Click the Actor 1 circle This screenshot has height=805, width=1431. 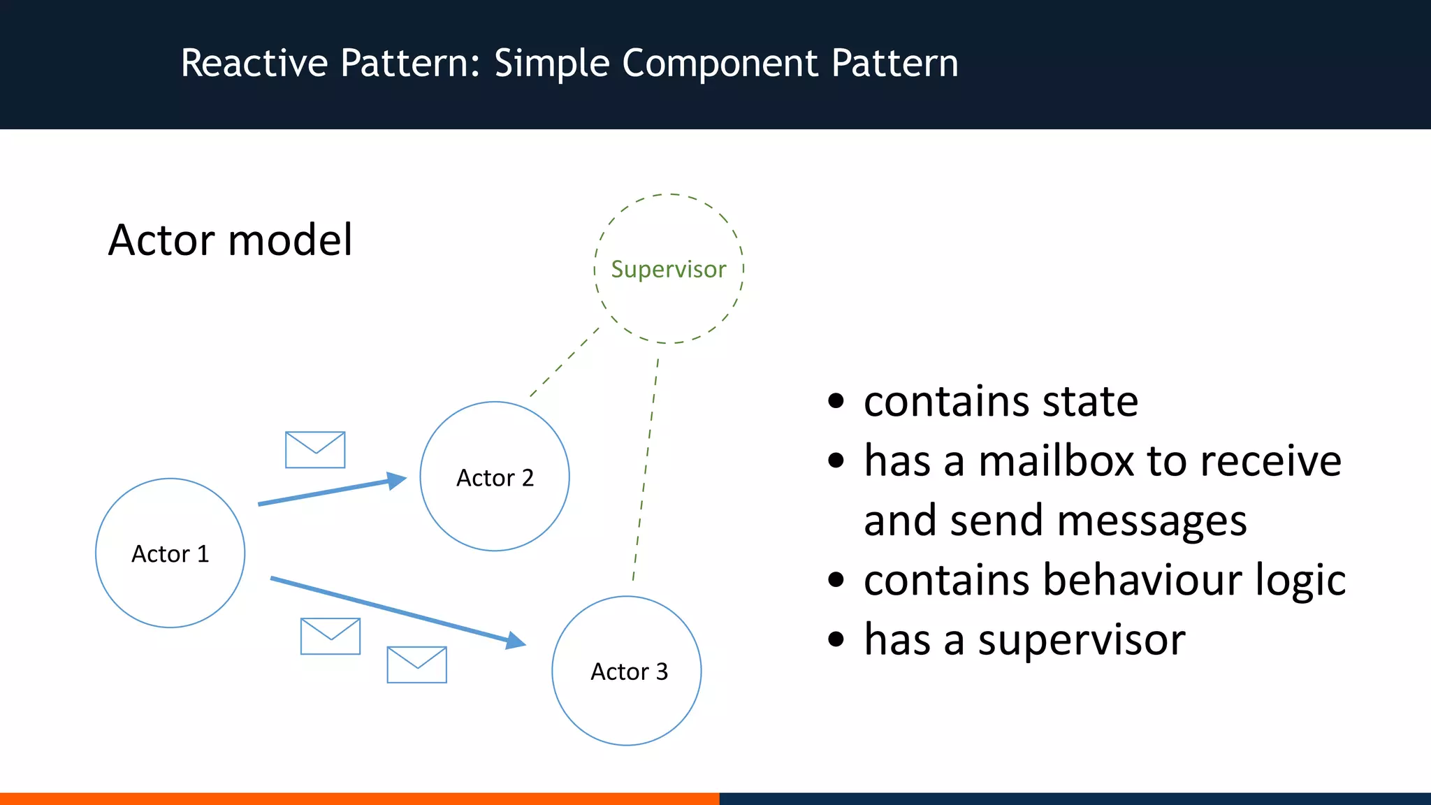tap(170, 553)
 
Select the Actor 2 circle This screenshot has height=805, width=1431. tap(495, 477)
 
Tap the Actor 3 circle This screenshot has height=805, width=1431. tap(627, 671)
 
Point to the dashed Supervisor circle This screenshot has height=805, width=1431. tap(669, 269)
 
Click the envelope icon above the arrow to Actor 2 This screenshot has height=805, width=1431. tap(315, 450)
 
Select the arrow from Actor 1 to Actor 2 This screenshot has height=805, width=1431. tap(328, 492)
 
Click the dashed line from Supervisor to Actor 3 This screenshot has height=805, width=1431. tap(646, 468)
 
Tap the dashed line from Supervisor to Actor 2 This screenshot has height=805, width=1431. tap(564, 362)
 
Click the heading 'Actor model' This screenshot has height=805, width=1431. tap(230, 240)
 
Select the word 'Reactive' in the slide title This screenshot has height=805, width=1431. tap(254, 63)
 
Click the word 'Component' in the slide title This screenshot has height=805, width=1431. tap(720, 63)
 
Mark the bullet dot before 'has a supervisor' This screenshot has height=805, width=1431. tap(836, 639)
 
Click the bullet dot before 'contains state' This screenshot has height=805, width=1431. tap(836, 401)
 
